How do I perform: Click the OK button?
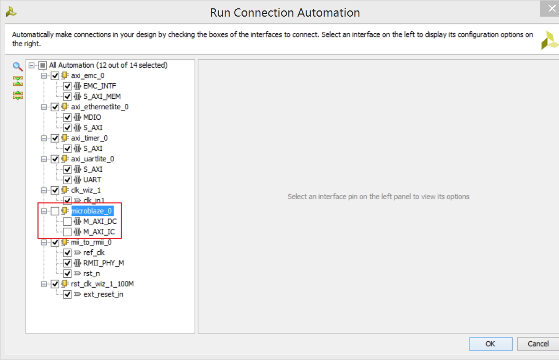[490, 344]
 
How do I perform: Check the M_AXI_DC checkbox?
[67, 221]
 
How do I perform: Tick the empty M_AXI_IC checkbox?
[67, 232]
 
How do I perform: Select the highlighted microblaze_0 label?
[92, 211]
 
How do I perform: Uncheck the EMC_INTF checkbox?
[67, 86]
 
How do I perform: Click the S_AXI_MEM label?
[102, 96]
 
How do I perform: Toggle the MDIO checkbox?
[67, 117]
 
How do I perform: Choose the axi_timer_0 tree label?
[89, 138]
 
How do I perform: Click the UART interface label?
[92, 179]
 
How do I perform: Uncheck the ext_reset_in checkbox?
[67, 294]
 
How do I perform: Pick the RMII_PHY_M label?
[104, 263]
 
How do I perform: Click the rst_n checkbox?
[67, 274]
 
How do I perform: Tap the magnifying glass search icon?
[18, 66]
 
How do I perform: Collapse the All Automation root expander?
[32, 65]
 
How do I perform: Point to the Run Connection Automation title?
[285, 13]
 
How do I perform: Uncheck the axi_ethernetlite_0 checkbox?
[55, 107]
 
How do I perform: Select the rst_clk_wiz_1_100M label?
[103, 284]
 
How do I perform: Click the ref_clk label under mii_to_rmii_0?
[94, 253]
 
